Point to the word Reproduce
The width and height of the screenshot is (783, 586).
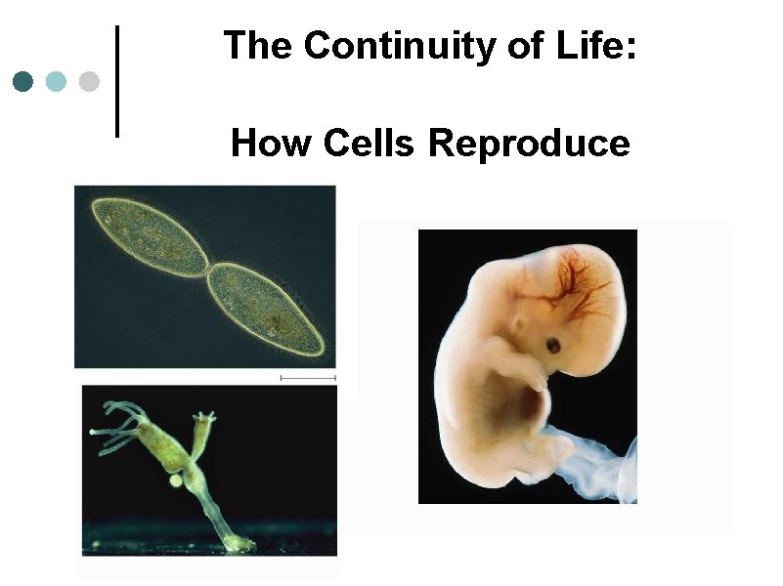coord(529,144)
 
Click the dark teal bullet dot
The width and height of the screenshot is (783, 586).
coord(23,80)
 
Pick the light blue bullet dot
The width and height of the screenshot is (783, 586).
coord(56,80)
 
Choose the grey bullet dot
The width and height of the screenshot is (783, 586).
coord(89,80)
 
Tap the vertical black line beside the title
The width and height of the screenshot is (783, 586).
coord(118,80)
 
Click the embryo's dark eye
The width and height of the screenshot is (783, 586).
coord(553,346)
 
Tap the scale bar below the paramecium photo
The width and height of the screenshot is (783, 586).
coord(307,377)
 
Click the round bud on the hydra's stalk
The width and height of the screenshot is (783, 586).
coord(175,480)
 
